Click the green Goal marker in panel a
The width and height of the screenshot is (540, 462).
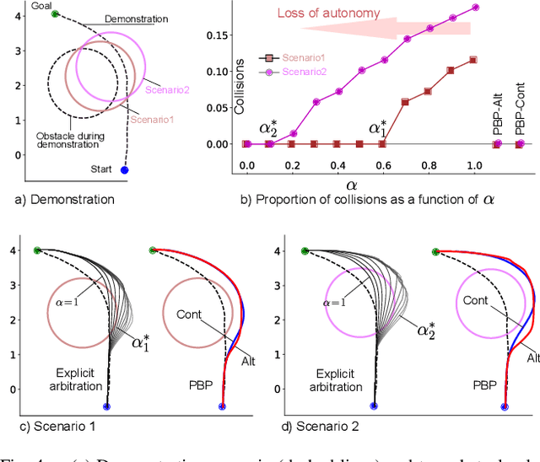pyautogui.click(x=56, y=14)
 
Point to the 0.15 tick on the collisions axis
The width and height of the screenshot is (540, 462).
pyautogui.click(x=221, y=36)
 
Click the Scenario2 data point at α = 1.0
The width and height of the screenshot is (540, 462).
pyautogui.click(x=475, y=8)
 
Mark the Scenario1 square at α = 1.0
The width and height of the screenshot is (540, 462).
pyautogui.click(x=472, y=60)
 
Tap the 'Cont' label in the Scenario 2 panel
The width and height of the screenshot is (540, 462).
pyautogui.click(x=475, y=300)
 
